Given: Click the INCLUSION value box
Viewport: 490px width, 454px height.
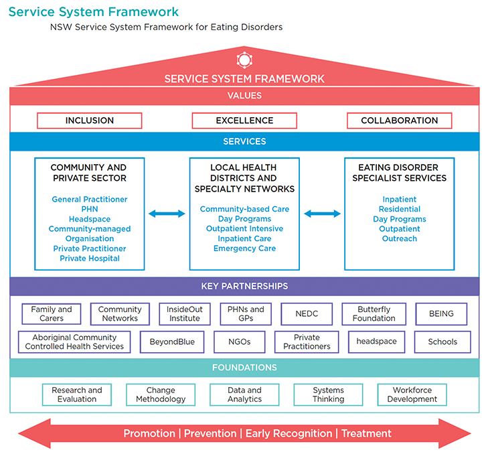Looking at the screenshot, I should [90, 121].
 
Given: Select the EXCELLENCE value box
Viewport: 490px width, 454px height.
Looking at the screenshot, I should [244, 121].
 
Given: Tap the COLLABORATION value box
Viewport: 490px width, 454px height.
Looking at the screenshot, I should [399, 121].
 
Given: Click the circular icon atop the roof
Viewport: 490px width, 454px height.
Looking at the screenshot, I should [244, 60].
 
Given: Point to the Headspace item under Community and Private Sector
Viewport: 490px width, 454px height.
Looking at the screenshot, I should [90, 219].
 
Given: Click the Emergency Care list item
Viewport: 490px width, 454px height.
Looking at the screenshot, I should [244, 248].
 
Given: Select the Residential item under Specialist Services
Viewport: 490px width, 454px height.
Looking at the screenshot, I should [399, 209].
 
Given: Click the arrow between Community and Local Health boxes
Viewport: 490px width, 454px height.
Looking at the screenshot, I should [167, 214].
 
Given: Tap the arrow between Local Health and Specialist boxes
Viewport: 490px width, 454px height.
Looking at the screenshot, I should [322, 214].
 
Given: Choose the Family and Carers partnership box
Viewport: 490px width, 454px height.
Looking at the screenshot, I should [52, 314].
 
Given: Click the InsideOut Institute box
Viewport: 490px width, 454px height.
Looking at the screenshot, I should [184, 314].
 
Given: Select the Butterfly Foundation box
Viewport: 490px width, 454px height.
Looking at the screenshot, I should [374, 314].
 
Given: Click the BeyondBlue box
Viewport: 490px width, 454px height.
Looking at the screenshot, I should [172, 342].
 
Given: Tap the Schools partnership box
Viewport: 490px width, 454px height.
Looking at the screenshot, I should [442, 342].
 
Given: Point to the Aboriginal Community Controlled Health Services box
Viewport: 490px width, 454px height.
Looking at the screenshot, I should [74, 342].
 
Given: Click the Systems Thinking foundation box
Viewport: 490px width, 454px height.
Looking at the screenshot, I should [328, 394].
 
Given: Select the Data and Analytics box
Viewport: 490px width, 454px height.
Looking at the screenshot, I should [244, 394].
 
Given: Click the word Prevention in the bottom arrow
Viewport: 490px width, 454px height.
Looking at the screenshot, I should [210, 433].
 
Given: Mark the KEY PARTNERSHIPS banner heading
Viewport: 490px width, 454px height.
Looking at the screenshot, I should [244, 286].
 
